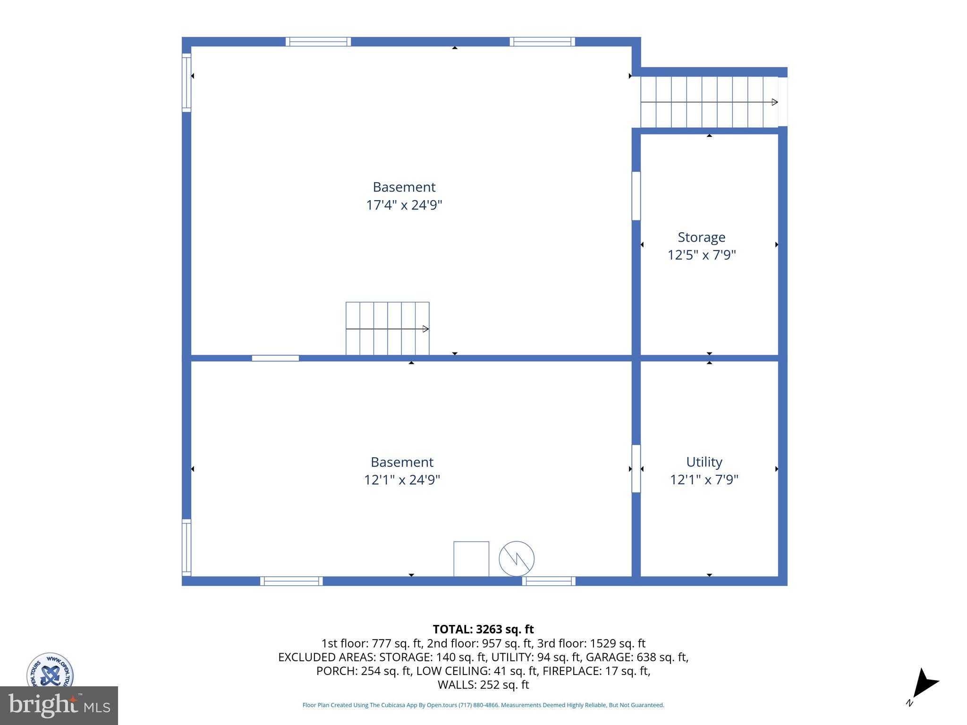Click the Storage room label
click(x=701, y=237)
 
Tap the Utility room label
click(x=704, y=462)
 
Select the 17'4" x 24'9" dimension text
click(x=404, y=205)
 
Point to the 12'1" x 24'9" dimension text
click(x=402, y=480)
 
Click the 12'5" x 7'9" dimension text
click(x=702, y=255)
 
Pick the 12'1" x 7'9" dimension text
click(x=704, y=480)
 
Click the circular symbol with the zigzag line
click(x=517, y=558)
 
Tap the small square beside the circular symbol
click(x=471, y=559)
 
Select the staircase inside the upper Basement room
click(x=387, y=329)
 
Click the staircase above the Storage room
click(x=709, y=102)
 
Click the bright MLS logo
click(x=59, y=705)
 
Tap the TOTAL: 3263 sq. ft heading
click(x=483, y=629)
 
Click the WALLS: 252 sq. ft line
click(x=483, y=684)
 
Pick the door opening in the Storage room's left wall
click(x=636, y=196)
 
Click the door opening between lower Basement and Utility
click(x=636, y=469)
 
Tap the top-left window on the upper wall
click(x=318, y=42)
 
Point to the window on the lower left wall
click(x=187, y=548)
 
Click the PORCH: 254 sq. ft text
click(x=364, y=671)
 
